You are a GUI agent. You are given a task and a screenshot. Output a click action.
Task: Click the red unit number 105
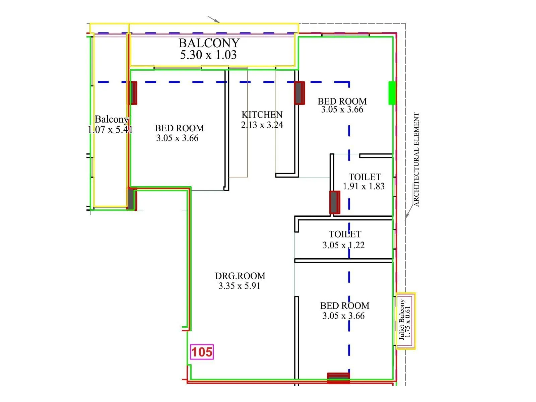[x=202, y=352]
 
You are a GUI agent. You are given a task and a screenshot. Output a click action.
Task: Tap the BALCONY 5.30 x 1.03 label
[x=209, y=49]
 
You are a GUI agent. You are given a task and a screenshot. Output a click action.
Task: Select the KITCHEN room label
[x=262, y=115]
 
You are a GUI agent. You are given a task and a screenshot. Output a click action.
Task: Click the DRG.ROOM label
[x=240, y=276]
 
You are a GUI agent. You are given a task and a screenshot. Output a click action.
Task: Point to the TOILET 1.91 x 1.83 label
[x=364, y=182]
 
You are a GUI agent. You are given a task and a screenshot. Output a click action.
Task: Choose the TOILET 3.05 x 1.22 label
[x=344, y=240]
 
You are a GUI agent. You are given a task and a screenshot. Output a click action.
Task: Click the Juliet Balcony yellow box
[x=406, y=321]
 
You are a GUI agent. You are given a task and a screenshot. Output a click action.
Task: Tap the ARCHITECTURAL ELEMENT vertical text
[x=416, y=159]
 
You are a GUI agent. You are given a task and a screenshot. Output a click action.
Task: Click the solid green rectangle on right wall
[x=392, y=93]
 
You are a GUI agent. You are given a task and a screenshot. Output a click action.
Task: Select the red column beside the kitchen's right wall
[x=299, y=93]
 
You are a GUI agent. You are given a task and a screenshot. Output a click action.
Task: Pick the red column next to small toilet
[x=334, y=202]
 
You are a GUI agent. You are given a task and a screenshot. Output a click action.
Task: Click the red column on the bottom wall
[x=338, y=378]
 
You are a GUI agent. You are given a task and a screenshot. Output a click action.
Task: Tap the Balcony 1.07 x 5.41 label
[x=111, y=124]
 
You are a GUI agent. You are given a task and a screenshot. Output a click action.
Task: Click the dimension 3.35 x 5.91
[x=239, y=286]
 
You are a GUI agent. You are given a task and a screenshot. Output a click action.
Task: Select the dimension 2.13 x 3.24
[x=262, y=125]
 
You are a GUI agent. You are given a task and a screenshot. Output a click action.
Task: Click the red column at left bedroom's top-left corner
[x=133, y=93]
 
